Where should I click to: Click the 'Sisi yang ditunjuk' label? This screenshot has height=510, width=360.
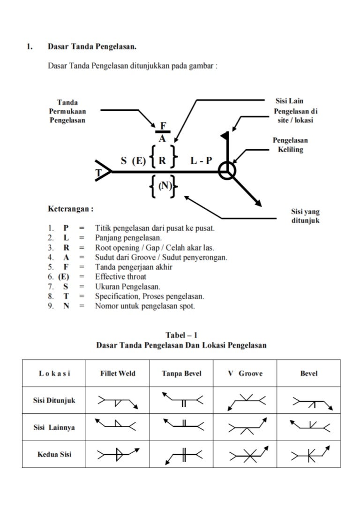(305, 216)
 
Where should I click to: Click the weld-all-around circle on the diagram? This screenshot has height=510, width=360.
(227, 172)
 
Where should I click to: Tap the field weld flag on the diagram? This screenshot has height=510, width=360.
(225, 136)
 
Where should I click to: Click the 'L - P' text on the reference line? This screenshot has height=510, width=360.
(201, 161)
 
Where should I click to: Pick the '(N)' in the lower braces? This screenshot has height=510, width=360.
(164, 185)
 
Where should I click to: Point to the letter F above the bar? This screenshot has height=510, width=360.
(163, 126)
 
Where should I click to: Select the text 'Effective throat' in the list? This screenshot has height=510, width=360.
(121, 276)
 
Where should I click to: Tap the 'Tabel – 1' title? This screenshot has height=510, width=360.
(181, 335)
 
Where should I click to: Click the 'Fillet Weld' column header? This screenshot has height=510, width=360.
(118, 373)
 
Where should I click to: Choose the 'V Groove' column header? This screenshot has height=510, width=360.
(245, 373)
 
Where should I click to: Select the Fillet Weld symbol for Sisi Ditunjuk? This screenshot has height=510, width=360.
(118, 401)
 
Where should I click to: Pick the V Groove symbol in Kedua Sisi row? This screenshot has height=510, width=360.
(245, 455)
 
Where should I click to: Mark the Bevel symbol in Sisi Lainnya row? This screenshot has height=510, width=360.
(308, 427)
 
